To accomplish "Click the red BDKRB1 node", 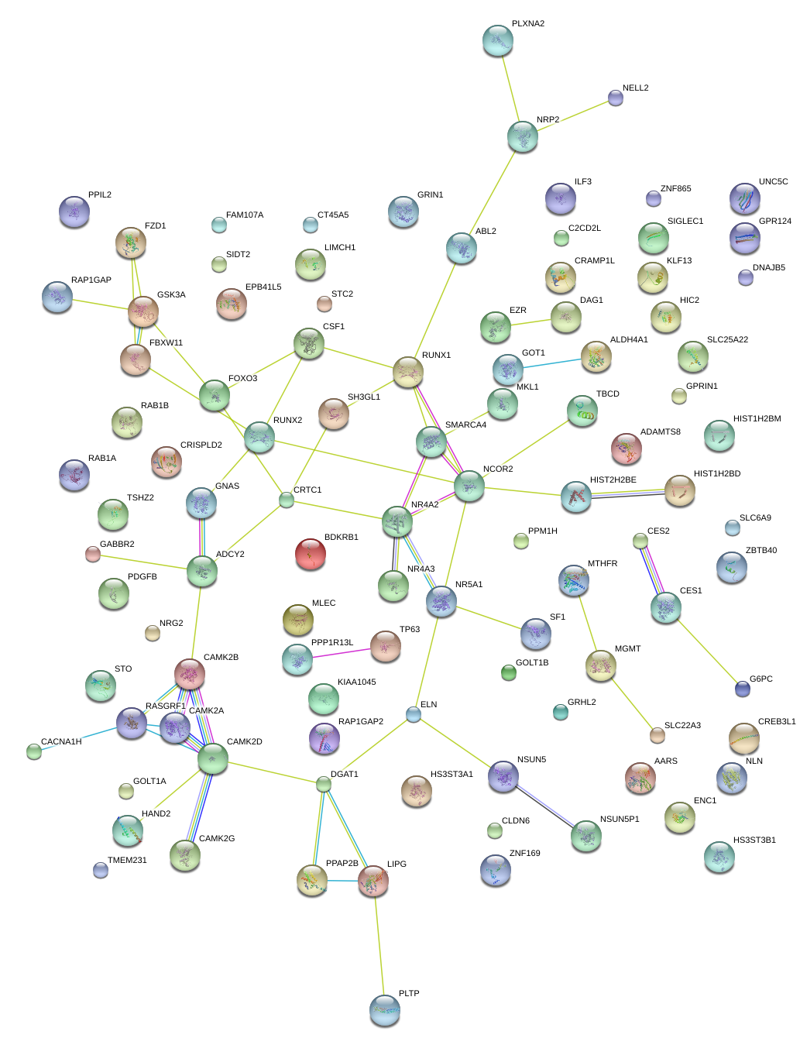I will [310, 553].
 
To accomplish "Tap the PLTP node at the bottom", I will [385, 1009].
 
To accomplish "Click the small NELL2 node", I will [616, 98].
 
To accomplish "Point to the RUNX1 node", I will [407, 373].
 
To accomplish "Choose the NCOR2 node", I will [469, 486].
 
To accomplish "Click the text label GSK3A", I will [171, 295].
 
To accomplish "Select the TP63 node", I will [385, 646].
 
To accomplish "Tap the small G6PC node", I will [742, 687].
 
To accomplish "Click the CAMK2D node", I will [212, 759].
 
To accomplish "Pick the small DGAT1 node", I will [324, 785].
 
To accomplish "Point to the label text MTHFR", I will [603, 564].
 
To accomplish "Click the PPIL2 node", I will [74, 211].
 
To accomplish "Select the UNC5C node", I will [744, 199].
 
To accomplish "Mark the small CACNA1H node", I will [33, 751].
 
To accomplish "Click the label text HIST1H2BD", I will [717, 474].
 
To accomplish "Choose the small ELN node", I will [414, 714].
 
